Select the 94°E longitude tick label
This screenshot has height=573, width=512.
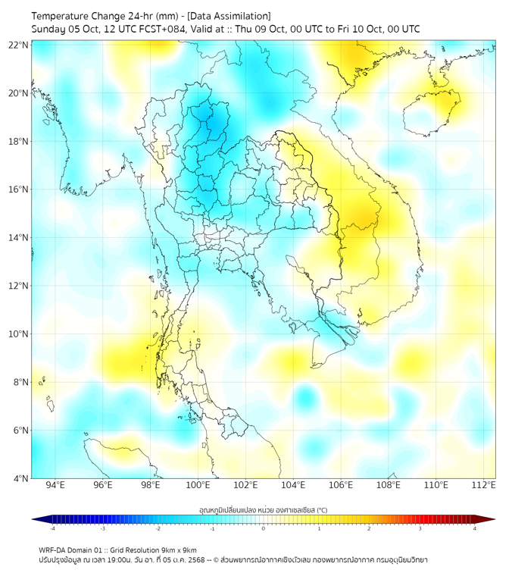pos(55,485)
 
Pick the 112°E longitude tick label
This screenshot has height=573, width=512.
pos(483,485)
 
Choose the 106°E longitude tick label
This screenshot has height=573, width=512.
pos(341,485)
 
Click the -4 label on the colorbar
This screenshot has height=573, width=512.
pos(52,528)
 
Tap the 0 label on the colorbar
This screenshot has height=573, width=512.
pos(264,528)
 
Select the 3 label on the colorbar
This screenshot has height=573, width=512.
pos(420,528)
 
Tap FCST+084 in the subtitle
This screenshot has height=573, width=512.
pos(161,29)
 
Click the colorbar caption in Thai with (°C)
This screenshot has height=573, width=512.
pos(263,510)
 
